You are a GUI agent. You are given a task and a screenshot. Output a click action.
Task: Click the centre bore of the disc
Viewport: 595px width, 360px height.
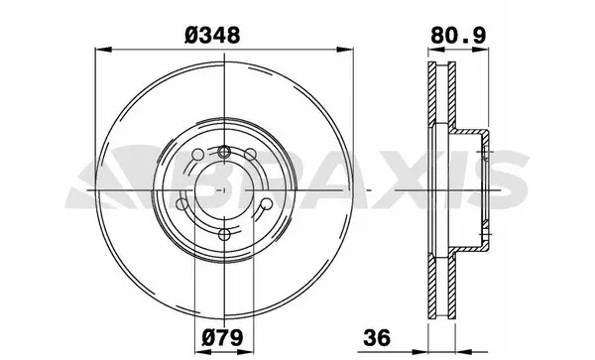pos(227,188)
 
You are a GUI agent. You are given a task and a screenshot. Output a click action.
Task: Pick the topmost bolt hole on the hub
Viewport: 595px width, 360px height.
pos(227,152)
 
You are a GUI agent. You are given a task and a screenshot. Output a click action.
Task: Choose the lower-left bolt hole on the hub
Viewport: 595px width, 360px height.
pos(183,204)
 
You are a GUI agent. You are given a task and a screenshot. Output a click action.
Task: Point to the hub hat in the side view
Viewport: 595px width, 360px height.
pos(476,188)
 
